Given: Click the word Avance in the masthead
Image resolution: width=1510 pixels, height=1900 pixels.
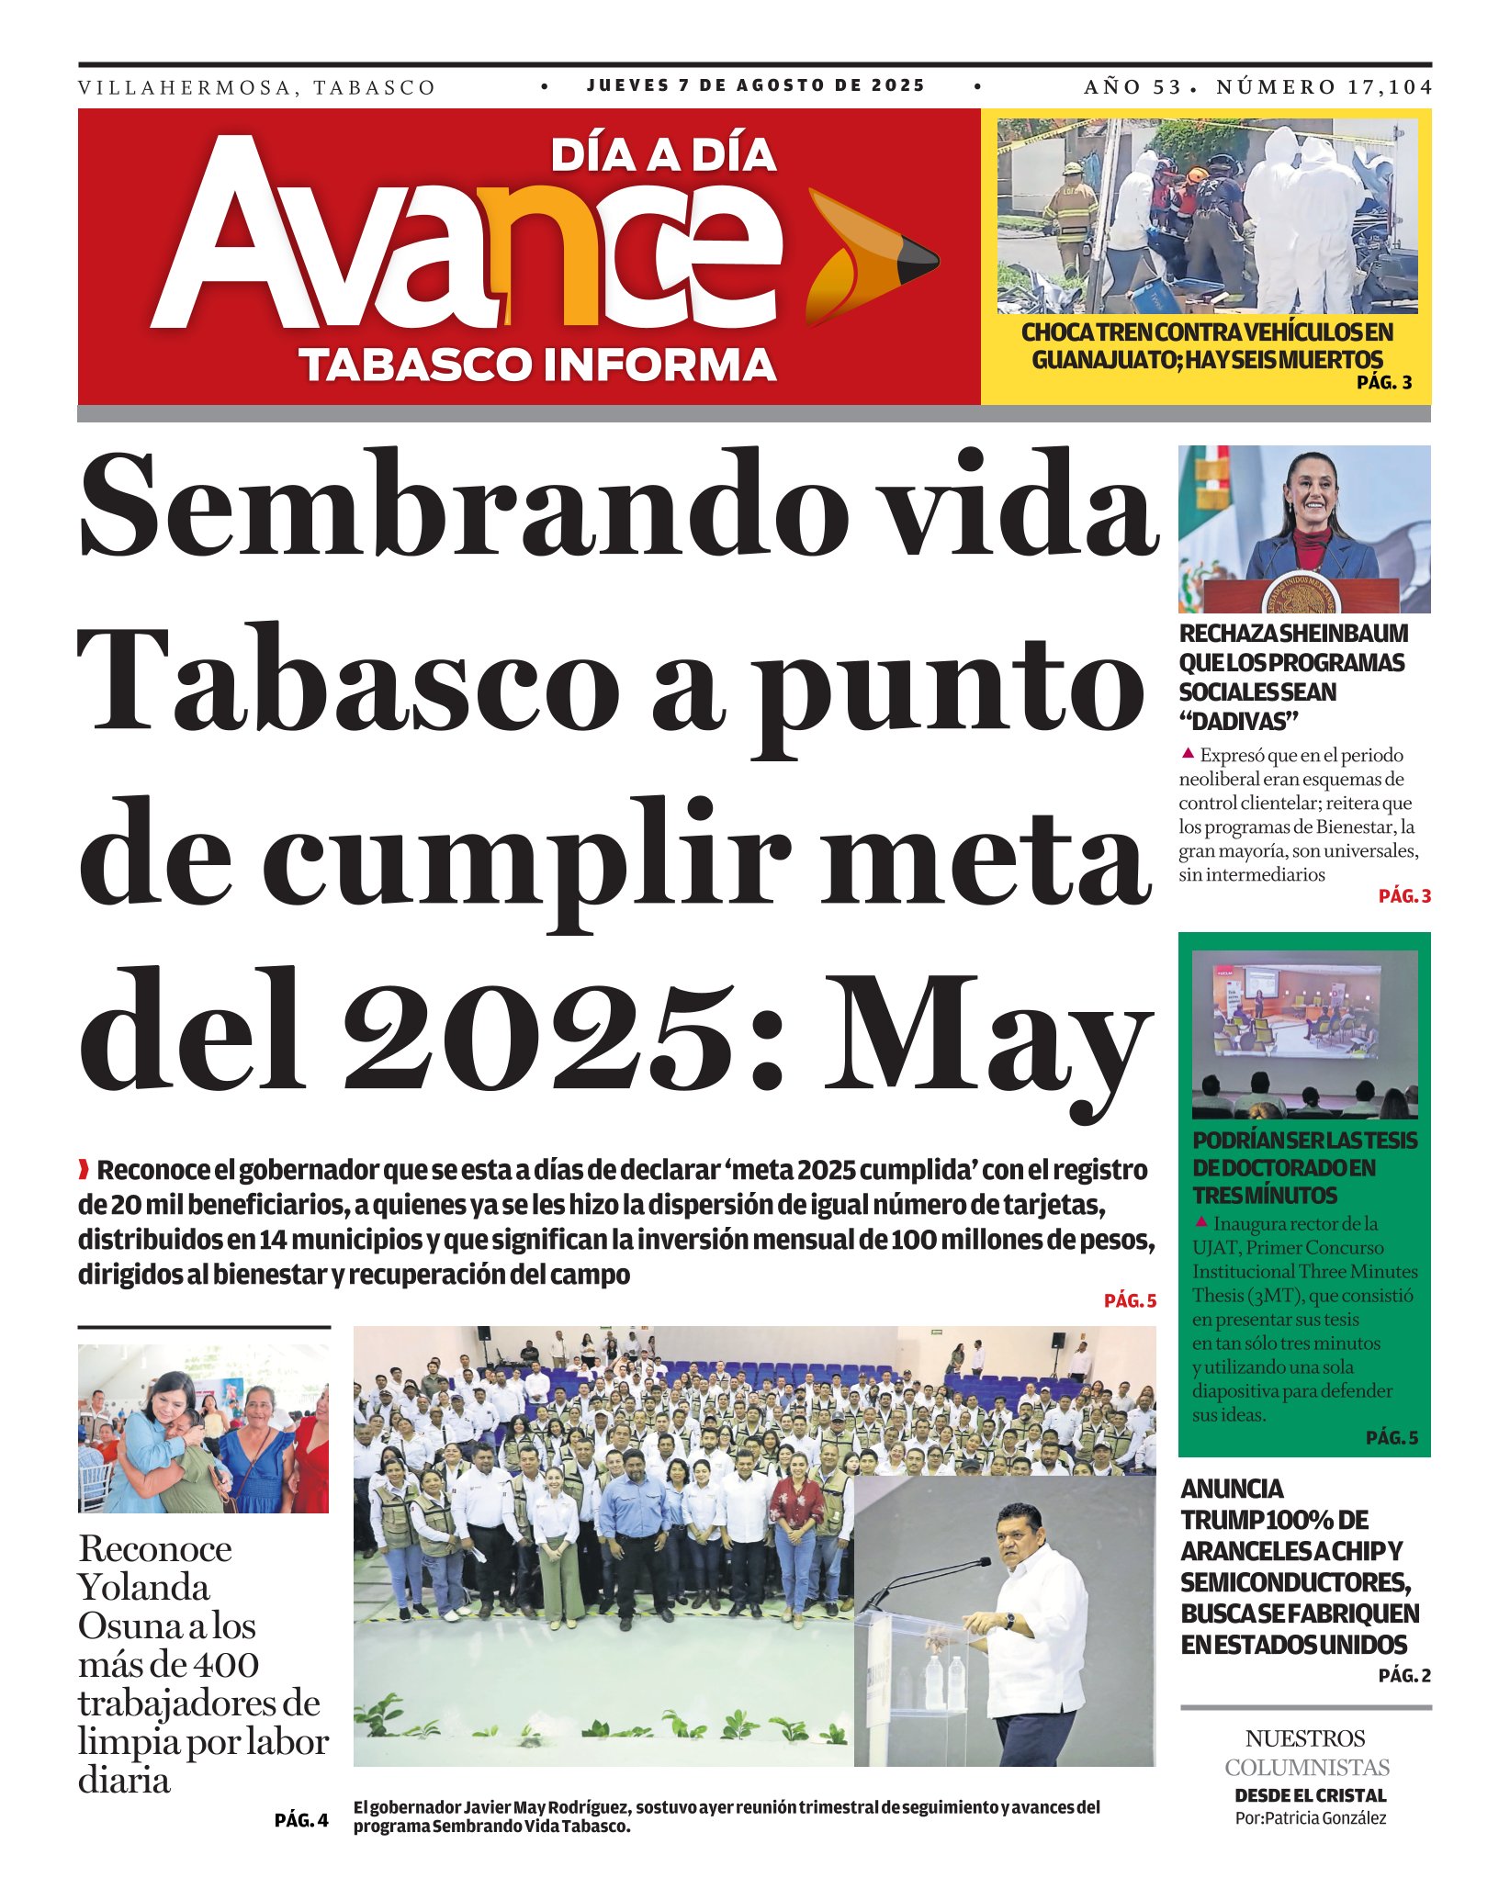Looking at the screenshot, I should [468, 246].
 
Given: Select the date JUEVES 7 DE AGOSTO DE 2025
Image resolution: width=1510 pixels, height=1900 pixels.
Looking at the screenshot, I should [756, 85].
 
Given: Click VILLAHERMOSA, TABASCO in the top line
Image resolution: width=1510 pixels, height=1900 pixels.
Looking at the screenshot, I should [256, 88].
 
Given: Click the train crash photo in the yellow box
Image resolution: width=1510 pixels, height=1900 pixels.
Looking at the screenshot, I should [1206, 216].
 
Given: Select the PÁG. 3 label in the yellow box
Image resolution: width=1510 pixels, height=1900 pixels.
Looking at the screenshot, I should [1384, 383].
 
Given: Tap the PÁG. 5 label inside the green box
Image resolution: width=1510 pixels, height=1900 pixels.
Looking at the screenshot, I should [1392, 1437].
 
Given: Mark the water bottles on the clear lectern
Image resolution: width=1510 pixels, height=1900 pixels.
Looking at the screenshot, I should [944, 1681].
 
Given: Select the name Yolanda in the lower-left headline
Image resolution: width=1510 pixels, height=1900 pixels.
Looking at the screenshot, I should [144, 1587].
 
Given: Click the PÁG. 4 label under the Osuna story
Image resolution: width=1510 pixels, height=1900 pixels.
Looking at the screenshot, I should [300, 1820].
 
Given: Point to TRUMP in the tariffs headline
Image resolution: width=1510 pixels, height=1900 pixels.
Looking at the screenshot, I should [1223, 1520].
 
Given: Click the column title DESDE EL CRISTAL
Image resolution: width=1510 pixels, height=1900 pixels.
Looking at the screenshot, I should [1310, 1795].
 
